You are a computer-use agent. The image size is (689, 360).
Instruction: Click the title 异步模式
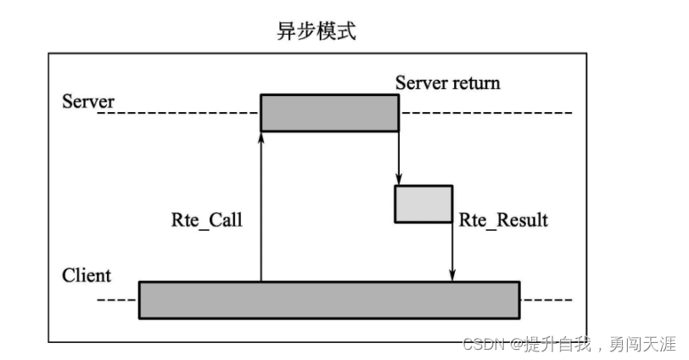[x=316, y=32]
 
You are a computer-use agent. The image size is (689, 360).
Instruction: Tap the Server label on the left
[x=88, y=102]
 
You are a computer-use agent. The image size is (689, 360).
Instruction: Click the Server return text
[x=447, y=83]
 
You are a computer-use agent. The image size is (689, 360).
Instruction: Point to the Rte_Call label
[x=207, y=221]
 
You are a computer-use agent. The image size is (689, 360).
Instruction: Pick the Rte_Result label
[x=503, y=221]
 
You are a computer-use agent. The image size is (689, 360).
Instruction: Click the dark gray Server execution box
[x=329, y=113]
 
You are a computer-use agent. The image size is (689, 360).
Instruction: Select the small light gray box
[x=423, y=204]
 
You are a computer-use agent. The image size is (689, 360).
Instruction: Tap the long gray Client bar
[x=329, y=300]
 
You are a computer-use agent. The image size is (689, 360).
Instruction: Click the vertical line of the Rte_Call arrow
[x=260, y=212]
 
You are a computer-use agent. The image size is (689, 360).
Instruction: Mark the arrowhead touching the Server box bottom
[x=260, y=138]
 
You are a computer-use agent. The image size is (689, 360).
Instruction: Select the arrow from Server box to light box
[x=399, y=157]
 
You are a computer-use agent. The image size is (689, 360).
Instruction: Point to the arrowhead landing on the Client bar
[x=451, y=274]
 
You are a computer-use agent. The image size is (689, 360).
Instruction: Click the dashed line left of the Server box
[x=178, y=113]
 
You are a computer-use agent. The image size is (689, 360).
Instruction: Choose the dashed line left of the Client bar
[x=117, y=301]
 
